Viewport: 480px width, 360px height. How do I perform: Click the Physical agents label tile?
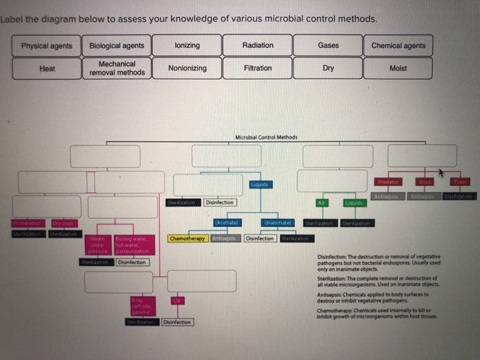pos(47,46)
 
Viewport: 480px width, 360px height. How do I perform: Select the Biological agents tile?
pos(117,46)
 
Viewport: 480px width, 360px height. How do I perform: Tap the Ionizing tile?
pos(187,45)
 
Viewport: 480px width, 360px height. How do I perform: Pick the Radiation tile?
pos(258,45)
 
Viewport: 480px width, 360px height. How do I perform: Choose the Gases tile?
pos(328,45)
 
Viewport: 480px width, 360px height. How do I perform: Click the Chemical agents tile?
pos(398,46)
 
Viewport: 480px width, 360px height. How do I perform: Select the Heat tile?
pos(47,69)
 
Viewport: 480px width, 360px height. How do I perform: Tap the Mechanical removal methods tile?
pos(117,68)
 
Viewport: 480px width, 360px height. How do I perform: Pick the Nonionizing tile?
pos(187,68)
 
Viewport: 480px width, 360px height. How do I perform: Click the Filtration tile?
pos(258,68)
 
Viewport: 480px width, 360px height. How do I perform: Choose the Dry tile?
pos(328,68)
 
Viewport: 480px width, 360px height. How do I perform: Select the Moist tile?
pos(398,68)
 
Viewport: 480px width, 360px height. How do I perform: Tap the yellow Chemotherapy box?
pos(187,239)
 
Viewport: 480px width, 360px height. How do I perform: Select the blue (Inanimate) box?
pos(276,223)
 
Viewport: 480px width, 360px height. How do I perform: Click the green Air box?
pos(320,203)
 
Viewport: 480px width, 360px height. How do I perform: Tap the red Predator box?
pos(388,182)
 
